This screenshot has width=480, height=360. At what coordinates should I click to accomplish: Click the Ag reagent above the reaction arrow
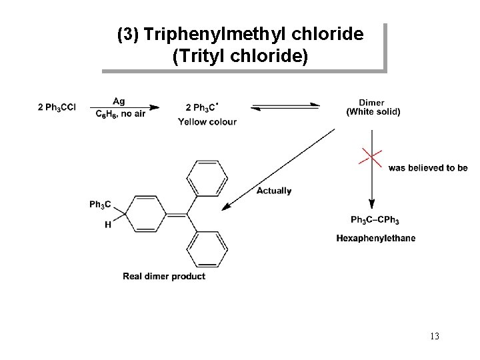[x=119, y=101]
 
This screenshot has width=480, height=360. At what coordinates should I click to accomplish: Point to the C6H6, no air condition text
[x=120, y=114]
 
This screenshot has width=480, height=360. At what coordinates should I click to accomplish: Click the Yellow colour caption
[x=207, y=121]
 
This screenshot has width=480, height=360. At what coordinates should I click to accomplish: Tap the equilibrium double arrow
[x=287, y=107]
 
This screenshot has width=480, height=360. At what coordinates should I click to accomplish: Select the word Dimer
[x=371, y=103]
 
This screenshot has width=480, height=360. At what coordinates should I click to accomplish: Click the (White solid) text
[x=373, y=112]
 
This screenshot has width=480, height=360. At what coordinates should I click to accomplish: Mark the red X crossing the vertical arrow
[x=371, y=158]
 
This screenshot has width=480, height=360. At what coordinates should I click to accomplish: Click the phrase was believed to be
[x=428, y=168]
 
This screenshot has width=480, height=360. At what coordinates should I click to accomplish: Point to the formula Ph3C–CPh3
[x=375, y=220]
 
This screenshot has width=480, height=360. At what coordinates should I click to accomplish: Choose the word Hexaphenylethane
[x=375, y=238]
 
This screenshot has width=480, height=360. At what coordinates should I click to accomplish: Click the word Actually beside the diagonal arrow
[x=274, y=191]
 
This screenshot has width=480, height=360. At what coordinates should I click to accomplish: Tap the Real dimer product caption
[x=164, y=276]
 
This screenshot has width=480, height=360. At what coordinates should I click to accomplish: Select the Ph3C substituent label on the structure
[x=100, y=204]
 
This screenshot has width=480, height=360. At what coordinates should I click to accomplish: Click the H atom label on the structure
[x=108, y=225]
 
